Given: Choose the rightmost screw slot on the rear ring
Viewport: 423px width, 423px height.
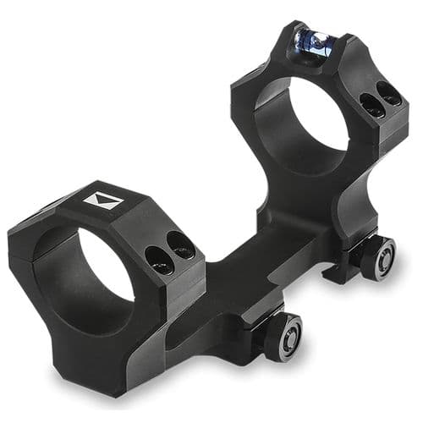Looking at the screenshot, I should (x=389, y=95).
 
